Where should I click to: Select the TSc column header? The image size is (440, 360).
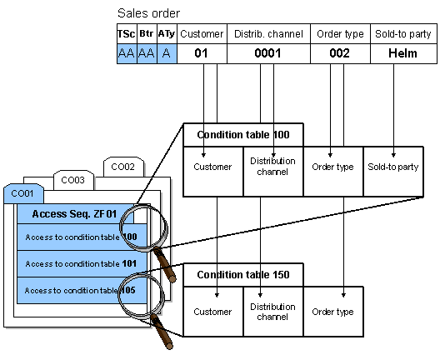coord(126,34)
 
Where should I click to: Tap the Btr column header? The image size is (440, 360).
coord(146,34)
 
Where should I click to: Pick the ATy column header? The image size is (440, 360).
coord(167,34)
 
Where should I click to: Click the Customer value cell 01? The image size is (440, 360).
coord(201,53)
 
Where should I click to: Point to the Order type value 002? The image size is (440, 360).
coord(339,53)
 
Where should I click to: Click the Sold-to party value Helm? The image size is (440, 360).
coord(402,53)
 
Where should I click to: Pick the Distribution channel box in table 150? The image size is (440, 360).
coord(272,312)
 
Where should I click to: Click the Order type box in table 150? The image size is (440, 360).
coord(332,312)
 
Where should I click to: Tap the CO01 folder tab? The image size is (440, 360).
coord(22,193)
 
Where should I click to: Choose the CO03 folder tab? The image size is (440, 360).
coord(73,180)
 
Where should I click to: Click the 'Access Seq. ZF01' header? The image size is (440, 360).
coord(75,214)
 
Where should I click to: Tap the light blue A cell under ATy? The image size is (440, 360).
coord(167,53)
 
